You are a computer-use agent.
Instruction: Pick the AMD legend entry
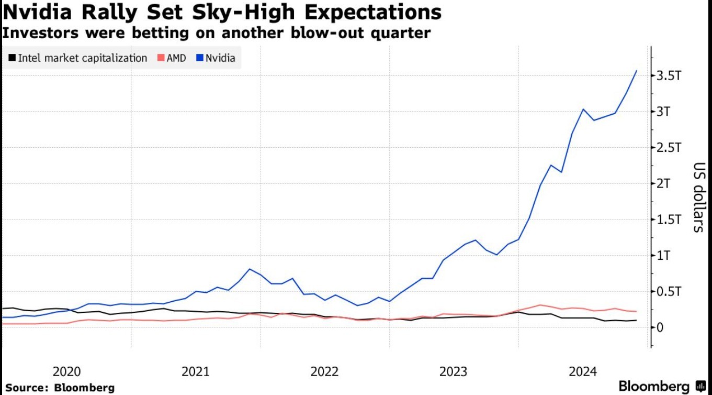click(x=172, y=58)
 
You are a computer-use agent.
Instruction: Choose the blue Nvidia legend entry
click(x=217, y=58)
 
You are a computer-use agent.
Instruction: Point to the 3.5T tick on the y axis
click(x=669, y=75)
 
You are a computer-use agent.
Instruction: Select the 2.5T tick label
click(x=669, y=147)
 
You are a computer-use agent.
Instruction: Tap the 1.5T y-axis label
click(x=669, y=220)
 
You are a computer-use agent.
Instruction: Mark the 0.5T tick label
click(x=669, y=291)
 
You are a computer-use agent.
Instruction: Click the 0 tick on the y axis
click(x=660, y=327)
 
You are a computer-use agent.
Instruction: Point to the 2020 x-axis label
click(x=67, y=372)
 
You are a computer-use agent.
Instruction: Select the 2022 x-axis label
click(x=325, y=372)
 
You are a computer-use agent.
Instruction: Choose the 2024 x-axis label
click(x=583, y=372)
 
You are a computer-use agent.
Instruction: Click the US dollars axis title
click(x=698, y=197)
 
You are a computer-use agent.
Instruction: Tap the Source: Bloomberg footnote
click(x=60, y=388)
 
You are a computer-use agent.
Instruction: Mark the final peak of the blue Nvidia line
click(x=636, y=71)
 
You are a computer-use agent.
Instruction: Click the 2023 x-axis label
click(x=454, y=372)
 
